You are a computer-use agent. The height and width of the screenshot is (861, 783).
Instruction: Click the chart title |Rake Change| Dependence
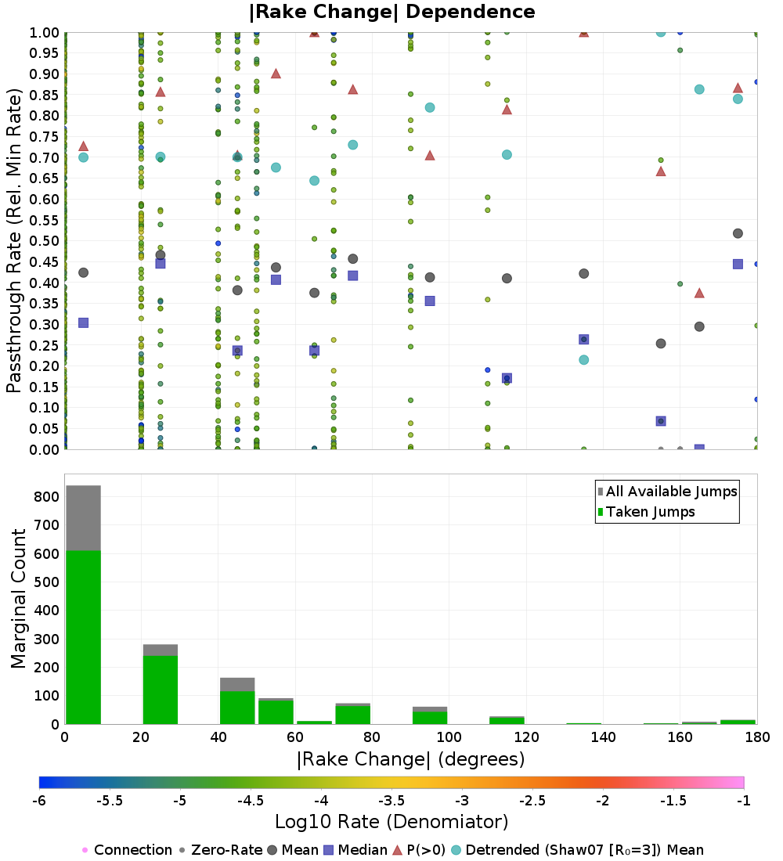tap(391, 12)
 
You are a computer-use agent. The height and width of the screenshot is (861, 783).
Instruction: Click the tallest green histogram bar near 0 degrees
tap(84, 637)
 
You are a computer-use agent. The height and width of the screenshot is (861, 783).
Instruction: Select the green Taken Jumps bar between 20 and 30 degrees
tap(161, 690)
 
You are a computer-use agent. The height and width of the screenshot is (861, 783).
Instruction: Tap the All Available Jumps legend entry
tap(667, 492)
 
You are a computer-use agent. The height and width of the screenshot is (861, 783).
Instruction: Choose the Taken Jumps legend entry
tap(646, 512)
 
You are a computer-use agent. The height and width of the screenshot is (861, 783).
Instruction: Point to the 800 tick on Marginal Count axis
tap(46, 497)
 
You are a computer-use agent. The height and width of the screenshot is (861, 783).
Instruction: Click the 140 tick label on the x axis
tap(604, 737)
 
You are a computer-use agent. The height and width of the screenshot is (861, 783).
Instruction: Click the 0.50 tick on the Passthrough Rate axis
tap(44, 240)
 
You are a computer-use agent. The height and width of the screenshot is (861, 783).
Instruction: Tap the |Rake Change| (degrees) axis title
tap(411, 759)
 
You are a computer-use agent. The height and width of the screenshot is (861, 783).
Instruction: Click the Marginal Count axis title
tap(18, 599)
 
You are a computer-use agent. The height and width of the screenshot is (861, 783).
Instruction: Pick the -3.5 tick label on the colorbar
tap(393, 801)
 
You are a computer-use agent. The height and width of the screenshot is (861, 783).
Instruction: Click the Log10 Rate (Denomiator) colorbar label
tap(391, 821)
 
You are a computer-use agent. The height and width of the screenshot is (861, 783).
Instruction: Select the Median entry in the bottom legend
tap(356, 850)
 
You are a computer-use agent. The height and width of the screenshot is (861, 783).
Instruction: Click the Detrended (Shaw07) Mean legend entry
tap(578, 850)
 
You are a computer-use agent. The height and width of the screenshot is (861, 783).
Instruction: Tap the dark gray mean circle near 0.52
tap(738, 233)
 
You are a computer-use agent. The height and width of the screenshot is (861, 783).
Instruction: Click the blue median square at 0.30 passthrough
tap(84, 322)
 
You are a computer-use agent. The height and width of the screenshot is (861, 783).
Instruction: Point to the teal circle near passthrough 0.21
tap(584, 360)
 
